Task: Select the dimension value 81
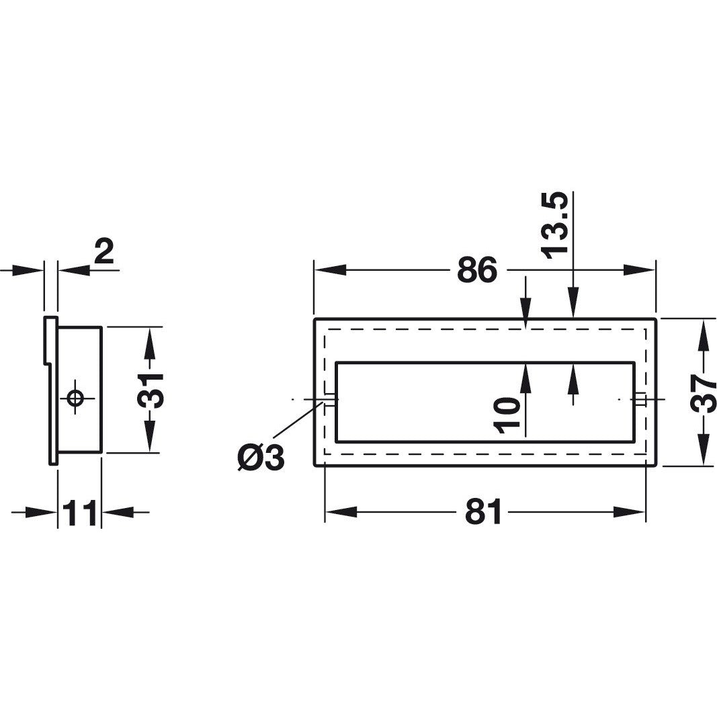coord(483,513)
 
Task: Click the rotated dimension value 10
coord(507,415)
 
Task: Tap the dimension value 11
coord(79,513)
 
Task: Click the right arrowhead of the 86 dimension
coord(638,270)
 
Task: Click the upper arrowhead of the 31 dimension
coord(150,343)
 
